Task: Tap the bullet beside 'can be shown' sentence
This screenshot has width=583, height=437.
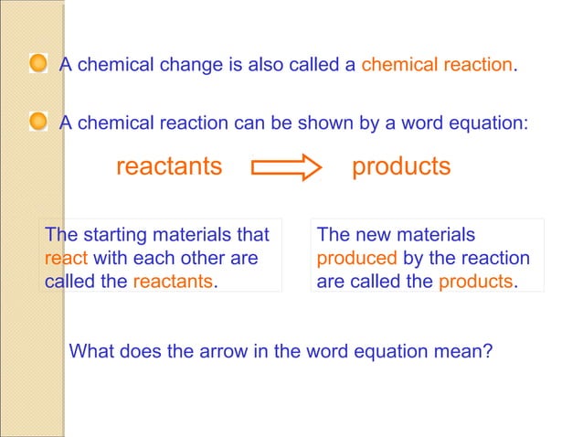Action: (38, 121)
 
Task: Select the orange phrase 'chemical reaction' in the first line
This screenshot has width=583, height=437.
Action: (438, 66)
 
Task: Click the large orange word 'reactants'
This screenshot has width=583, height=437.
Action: (169, 167)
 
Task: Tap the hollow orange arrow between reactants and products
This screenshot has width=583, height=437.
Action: (286, 168)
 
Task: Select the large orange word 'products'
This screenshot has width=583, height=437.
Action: (401, 167)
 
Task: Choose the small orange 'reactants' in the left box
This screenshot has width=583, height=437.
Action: (173, 282)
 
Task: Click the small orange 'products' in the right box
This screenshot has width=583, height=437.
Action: (476, 282)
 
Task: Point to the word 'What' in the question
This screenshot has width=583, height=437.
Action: (91, 351)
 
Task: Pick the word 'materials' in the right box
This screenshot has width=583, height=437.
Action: (436, 236)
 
